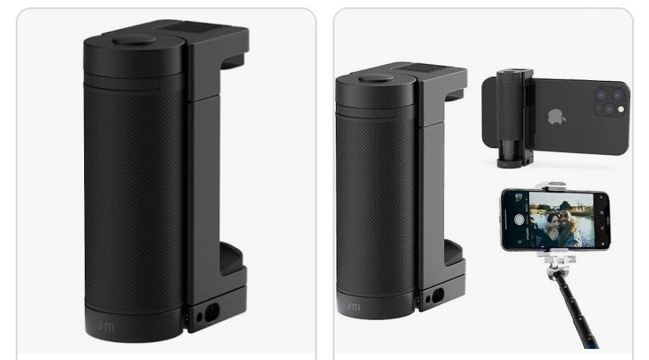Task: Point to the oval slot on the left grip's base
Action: [x=211, y=314]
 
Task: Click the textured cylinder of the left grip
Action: [x=134, y=196]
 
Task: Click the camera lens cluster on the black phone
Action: [x=609, y=101]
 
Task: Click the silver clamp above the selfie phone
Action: [x=556, y=186]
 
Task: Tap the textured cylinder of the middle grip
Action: [x=375, y=196]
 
